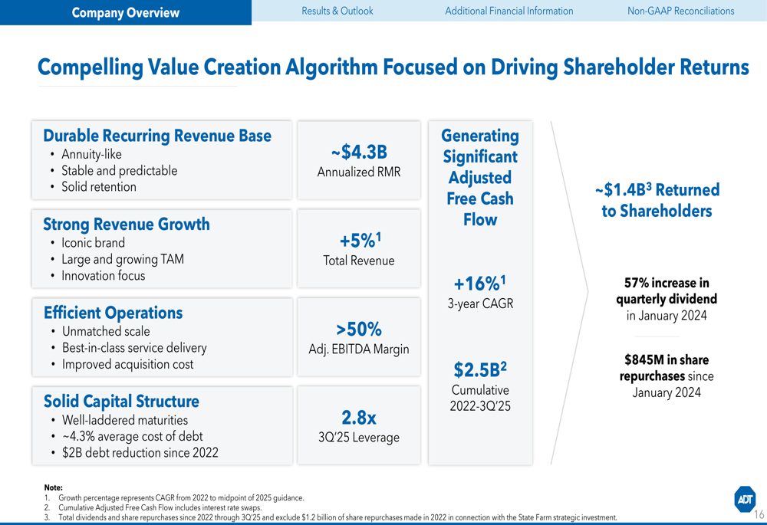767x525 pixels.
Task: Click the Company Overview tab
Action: (125, 12)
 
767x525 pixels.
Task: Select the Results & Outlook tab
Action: (337, 11)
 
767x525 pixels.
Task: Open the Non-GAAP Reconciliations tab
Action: (680, 11)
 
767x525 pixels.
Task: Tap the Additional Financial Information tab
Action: (509, 11)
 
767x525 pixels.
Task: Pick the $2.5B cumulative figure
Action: (480, 370)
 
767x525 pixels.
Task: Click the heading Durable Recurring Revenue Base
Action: (157, 136)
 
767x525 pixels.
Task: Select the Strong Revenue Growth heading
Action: (126, 224)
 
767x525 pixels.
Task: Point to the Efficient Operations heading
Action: (113, 313)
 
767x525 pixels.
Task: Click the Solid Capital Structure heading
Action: (121, 402)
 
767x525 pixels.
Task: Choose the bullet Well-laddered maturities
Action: (124, 420)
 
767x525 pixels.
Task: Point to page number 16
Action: (759, 514)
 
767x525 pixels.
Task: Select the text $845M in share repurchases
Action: (666, 368)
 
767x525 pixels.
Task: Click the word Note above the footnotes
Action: (53, 487)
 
